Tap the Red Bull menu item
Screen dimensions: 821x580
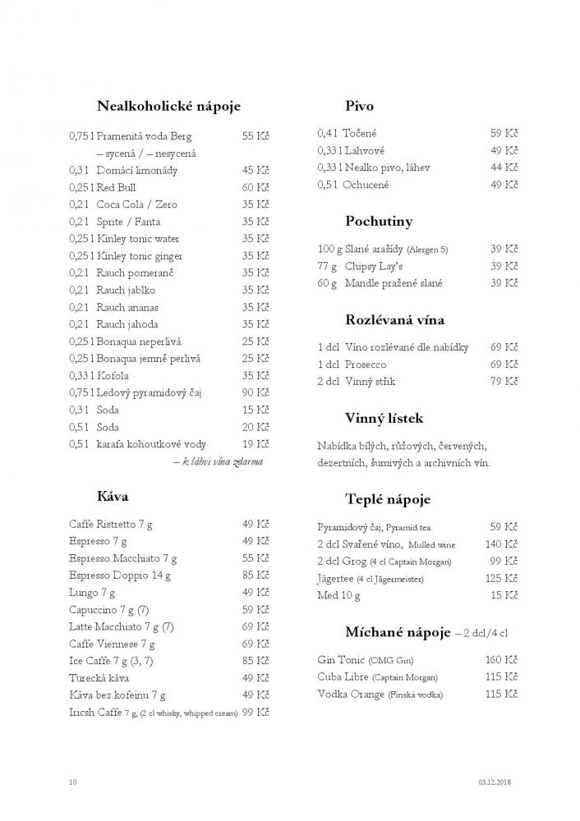tap(116, 187)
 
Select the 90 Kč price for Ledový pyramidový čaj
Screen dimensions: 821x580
tap(256, 392)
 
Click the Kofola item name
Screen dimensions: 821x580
tap(113, 375)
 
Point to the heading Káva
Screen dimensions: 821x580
tap(113, 496)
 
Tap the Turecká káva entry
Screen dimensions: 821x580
tap(99, 677)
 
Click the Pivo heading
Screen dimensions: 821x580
tap(360, 106)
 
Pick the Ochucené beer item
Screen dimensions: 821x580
tap(366, 185)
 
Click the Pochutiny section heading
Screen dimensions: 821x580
tap(379, 221)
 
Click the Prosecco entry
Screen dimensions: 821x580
tap(366, 364)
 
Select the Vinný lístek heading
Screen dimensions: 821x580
tap(384, 418)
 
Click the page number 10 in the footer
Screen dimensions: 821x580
tap(73, 782)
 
